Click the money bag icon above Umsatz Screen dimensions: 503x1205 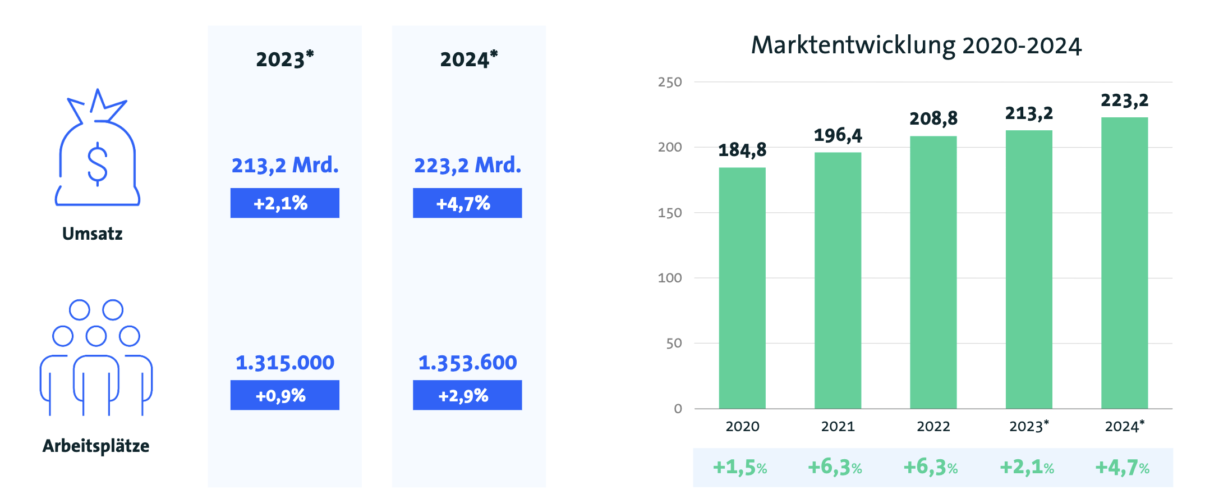pos(97,149)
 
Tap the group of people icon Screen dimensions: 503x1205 pos(96,358)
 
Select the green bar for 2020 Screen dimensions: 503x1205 pos(742,287)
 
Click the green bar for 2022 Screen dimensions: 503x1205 pos(933,272)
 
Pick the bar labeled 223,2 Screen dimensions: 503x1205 pos(1124,263)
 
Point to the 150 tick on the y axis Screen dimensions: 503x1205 pos(670,213)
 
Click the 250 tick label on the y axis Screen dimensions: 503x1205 pos(670,83)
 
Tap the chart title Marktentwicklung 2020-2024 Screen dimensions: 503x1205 pos(916,45)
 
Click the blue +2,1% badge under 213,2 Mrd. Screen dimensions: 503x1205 pos(284,203)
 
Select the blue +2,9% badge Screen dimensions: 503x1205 pos(467,395)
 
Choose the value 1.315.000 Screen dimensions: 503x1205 pos(284,363)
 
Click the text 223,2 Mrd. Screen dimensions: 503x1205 pos(467,166)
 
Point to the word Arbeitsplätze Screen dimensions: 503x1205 pos(96,446)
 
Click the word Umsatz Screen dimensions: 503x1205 pos(92,234)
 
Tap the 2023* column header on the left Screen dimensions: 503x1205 pos(284,59)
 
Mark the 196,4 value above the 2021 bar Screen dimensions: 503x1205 pos(838,135)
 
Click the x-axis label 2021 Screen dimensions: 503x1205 pos(838,427)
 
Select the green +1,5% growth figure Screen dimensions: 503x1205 pos(739,467)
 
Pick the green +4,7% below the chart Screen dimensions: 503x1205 pos(1122,467)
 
